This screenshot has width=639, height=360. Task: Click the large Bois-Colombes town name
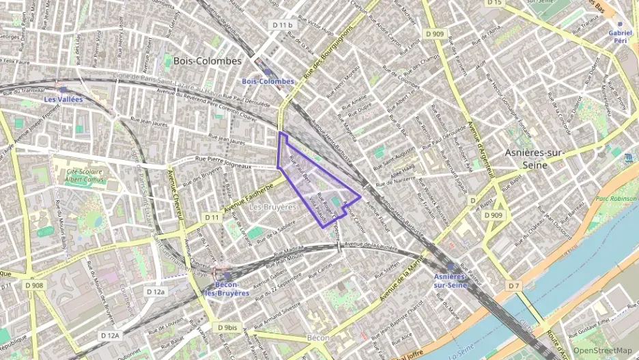(208, 61)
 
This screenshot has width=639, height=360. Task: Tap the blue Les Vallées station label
(63, 99)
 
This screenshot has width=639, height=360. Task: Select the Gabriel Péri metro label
(619, 37)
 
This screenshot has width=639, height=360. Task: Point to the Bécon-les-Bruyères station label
(227, 288)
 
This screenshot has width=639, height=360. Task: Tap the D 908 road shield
(33, 286)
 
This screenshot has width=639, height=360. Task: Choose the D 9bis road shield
(229, 327)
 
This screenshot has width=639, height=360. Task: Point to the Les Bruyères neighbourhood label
(272, 206)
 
